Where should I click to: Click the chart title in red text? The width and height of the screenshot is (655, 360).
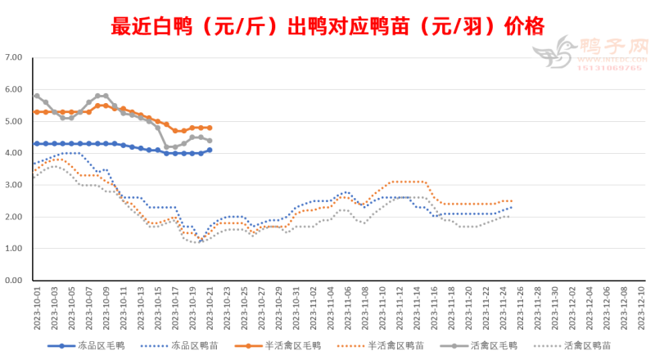point(327,26)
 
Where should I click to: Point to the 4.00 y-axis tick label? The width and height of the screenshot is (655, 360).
point(14,153)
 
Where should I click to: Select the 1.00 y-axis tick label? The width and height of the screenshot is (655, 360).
point(14,248)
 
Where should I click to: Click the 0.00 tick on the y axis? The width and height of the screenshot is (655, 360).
point(14,280)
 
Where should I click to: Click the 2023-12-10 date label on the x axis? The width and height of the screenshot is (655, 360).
point(642,307)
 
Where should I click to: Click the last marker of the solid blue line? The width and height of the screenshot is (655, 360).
point(210,150)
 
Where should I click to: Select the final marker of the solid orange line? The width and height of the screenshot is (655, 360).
point(210,128)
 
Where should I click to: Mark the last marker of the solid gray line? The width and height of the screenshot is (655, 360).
point(210,141)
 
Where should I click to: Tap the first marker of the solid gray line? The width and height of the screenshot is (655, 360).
point(37,96)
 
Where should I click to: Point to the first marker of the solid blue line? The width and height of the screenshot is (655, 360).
point(37,143)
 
